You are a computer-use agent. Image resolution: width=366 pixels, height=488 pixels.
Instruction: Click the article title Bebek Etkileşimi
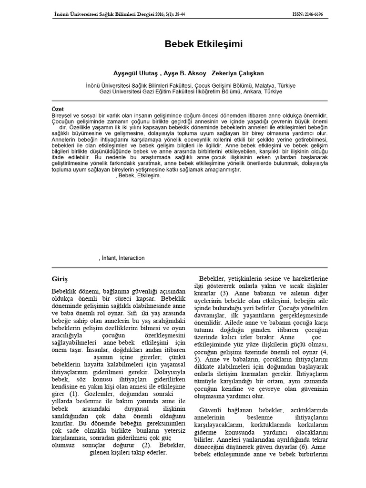pyautogui.click(x=203, y=44)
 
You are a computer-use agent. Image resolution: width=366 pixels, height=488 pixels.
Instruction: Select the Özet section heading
pyautogui.click(x=57, y=110)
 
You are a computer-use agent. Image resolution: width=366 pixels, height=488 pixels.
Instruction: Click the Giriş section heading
pyautogui.click(x=60, y=278)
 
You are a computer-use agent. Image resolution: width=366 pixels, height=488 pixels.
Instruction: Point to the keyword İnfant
pyautogui.click(x=109, y=258)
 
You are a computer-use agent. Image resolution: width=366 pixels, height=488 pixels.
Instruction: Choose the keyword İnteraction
pyautogui.click(x=132, y=258)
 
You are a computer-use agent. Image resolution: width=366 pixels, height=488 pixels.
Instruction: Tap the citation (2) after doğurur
pyautogui.click(x=135, y=445)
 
